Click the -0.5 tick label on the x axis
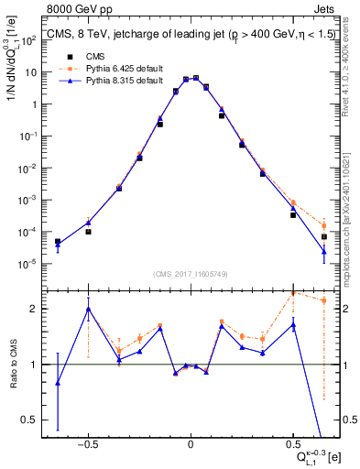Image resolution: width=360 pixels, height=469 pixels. pos(88,442)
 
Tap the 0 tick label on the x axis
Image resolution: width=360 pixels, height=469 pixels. pos(190,442)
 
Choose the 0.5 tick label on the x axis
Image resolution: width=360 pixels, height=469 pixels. pos(292,442)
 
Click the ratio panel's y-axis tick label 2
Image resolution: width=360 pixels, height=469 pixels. pos(35,309)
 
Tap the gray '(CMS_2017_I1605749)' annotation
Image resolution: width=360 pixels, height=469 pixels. pos(191,274)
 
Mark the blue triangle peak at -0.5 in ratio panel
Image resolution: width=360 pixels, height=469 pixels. pos(88,309)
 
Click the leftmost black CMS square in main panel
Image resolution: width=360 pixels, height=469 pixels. pos(58,242)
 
